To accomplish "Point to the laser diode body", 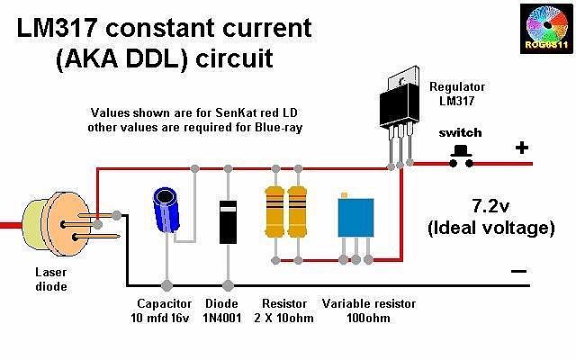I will click(45, 222).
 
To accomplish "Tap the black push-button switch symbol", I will click(463, 153).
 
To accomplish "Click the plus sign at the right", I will click(520, 148).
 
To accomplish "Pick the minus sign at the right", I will click(518, 270).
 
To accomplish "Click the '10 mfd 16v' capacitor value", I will click(166, 319).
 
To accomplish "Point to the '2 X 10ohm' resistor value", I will click(283, 319).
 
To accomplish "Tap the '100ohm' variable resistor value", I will click(368, 319).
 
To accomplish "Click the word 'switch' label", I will click(460, 132).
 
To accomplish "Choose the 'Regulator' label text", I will click(457, 86).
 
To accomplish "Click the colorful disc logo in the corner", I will click(546, 28).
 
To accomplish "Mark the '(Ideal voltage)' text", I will click(491, 228).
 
